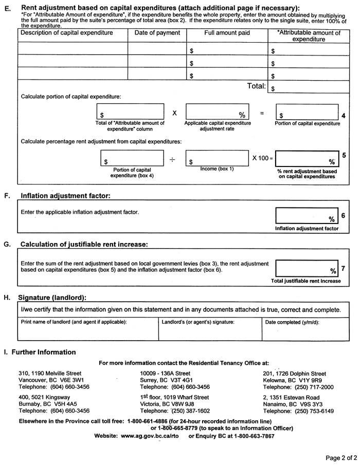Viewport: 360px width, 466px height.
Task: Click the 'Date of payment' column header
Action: pos(157,33)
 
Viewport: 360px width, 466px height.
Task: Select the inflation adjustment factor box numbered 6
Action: pos(307,215)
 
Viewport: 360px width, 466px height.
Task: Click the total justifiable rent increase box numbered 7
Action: pos(307,268)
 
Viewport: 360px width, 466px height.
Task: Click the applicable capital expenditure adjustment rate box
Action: pos(217,112)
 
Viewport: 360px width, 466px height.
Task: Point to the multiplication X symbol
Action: pos(174,113)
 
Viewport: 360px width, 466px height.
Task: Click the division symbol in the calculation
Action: pos(172,160)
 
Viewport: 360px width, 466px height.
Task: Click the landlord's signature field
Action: pos(210,330)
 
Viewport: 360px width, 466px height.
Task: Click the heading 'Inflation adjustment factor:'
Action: pos(65,196)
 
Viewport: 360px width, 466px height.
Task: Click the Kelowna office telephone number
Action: pos(298,387)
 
